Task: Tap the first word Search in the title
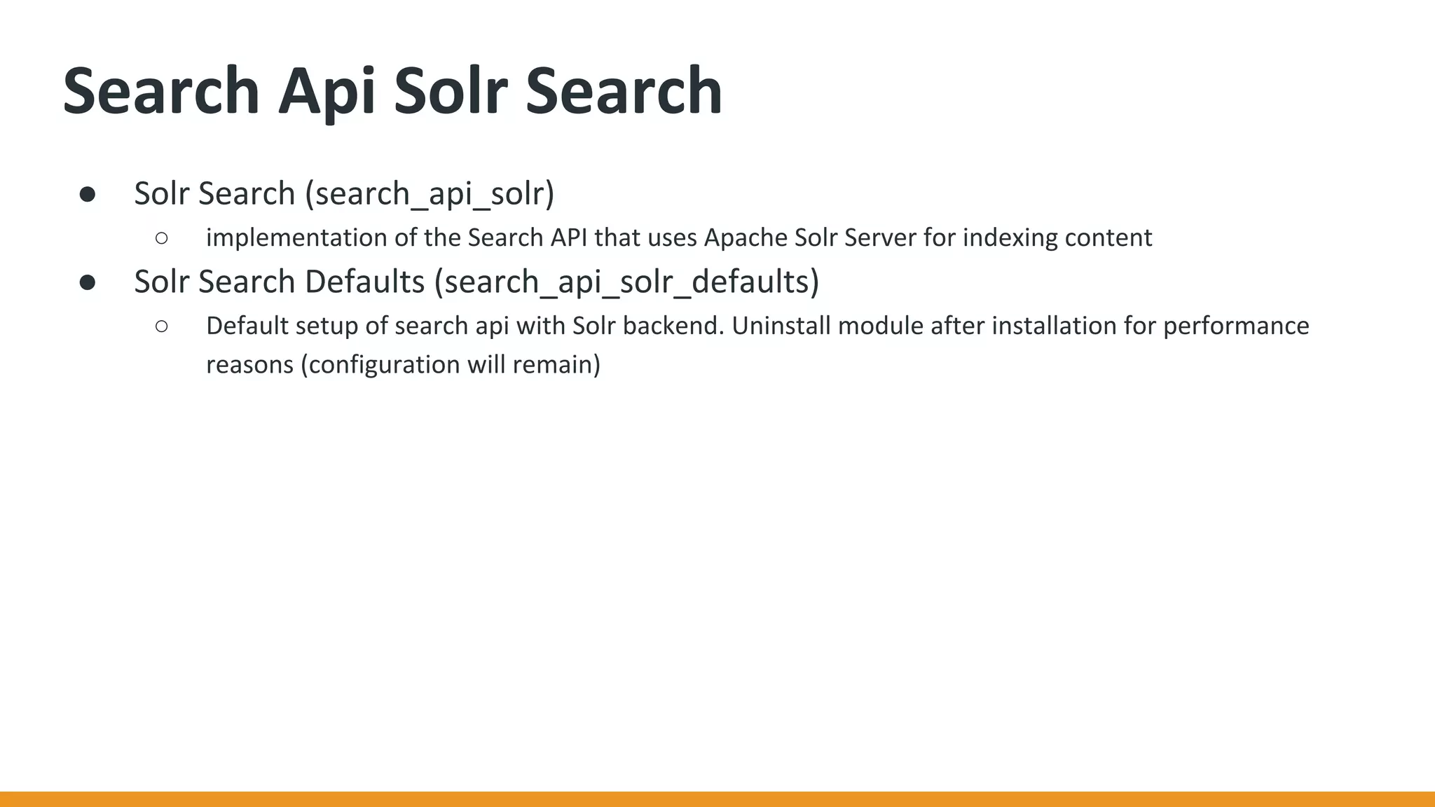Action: tap(161, 91)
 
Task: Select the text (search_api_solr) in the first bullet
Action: tap(430, 193)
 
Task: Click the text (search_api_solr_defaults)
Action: tap(626, 282)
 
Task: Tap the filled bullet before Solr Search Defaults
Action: tap(88, 282)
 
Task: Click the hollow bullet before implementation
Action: tap(162, 239)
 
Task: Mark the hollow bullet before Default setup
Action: tap(162, 326)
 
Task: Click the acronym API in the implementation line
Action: tap(568, 238)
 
